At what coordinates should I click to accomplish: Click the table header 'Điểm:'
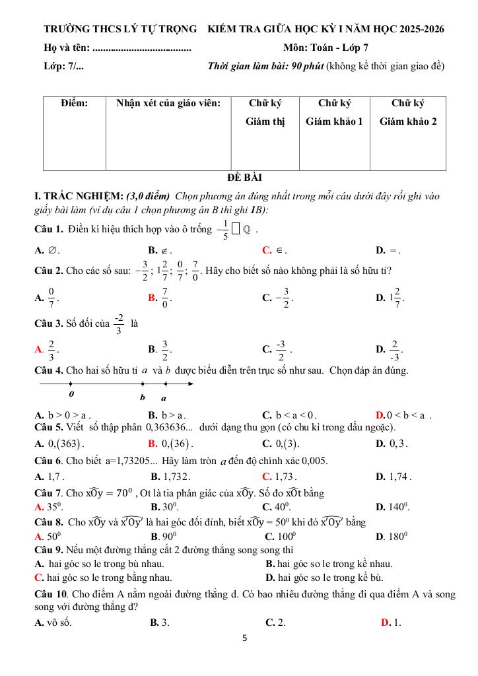coord(74,103)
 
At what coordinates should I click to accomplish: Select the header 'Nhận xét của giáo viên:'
coord(168,103)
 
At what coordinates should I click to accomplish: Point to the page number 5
coord(244,638)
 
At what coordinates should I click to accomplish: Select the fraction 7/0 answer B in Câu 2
coord(165,298)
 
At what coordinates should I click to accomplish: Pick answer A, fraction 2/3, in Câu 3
coord(51,349)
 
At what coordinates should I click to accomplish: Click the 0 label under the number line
coord(71,394)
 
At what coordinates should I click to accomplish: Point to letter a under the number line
coord(164,398)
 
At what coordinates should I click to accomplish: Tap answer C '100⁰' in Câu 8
coord(279,537)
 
